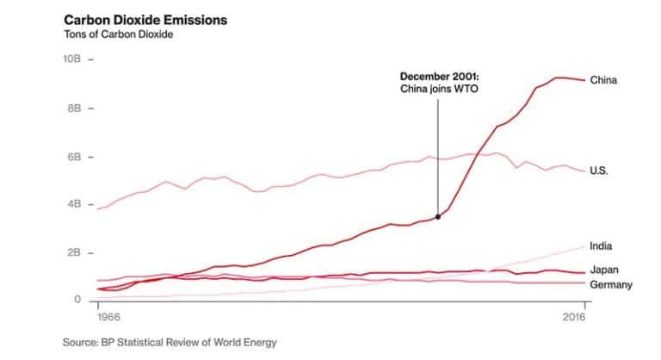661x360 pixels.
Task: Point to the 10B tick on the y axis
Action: pos(72,61)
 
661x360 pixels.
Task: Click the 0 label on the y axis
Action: pos(77,300)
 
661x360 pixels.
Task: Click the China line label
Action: pos(603,80)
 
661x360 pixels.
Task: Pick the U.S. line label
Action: pos(599,171)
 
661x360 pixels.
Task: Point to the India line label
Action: pos(601,246)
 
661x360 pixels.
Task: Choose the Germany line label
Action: pos(611,285)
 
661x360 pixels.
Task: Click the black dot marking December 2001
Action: pos(438,216)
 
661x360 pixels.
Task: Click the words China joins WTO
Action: pos(440,90)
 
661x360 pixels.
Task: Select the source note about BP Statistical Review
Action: pos(170,342)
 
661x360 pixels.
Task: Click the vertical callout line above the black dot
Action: pos(438,155)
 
